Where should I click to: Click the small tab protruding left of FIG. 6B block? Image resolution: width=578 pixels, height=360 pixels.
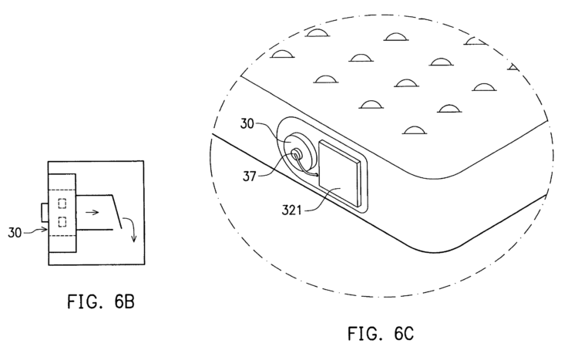pyautogui.click(x=44, y=209)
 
